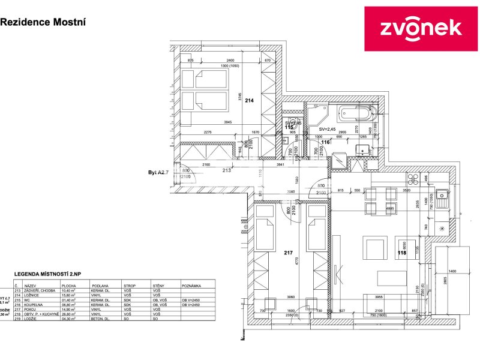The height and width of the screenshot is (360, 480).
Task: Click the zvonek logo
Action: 421,28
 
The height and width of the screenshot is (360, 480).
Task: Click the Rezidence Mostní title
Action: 43,22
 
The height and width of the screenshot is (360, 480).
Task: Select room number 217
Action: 288,253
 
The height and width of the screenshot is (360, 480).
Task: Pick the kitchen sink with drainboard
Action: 443,198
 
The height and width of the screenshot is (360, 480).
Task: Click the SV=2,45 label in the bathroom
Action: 329,129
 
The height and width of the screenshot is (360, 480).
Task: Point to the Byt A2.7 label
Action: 160,172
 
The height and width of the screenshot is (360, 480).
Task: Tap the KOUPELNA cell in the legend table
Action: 33,304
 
